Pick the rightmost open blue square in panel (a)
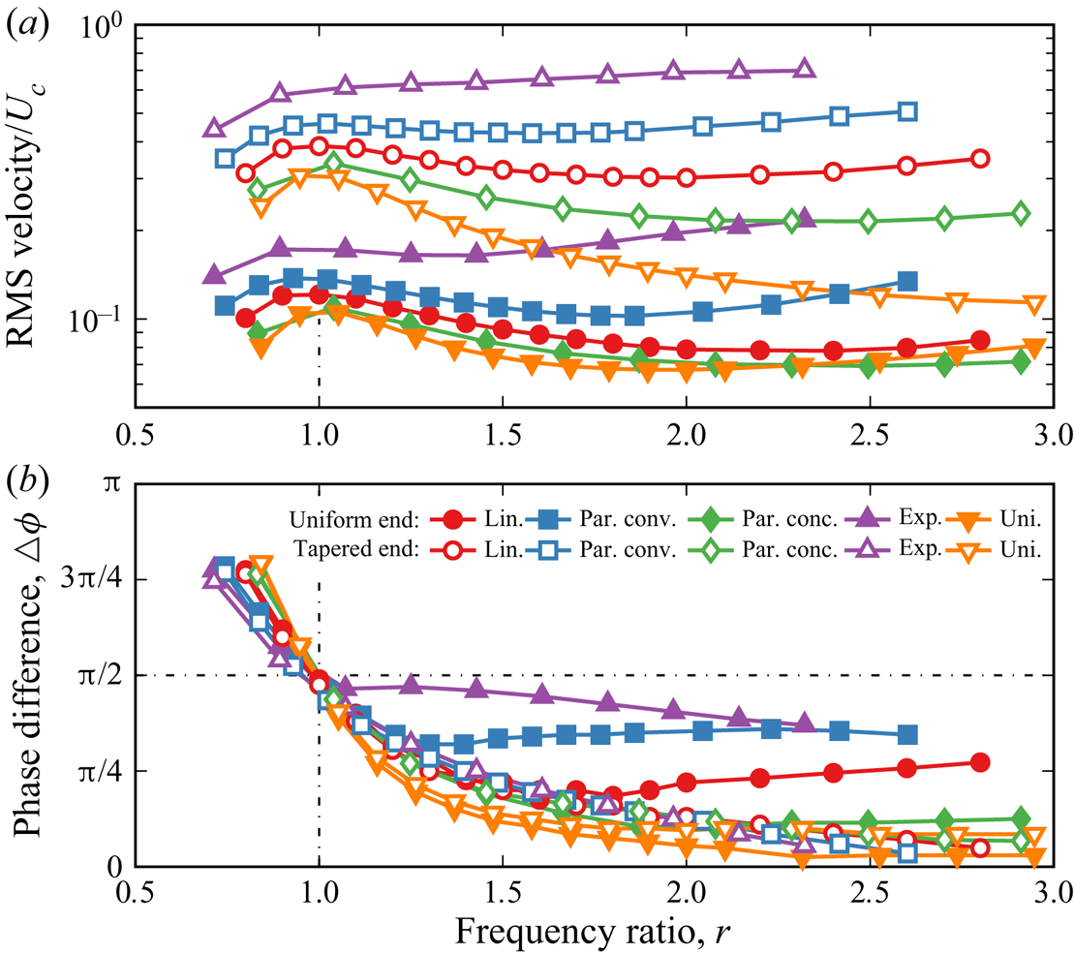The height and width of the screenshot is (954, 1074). [907, 111]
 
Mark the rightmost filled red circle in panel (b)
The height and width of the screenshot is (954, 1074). [980, 762]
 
